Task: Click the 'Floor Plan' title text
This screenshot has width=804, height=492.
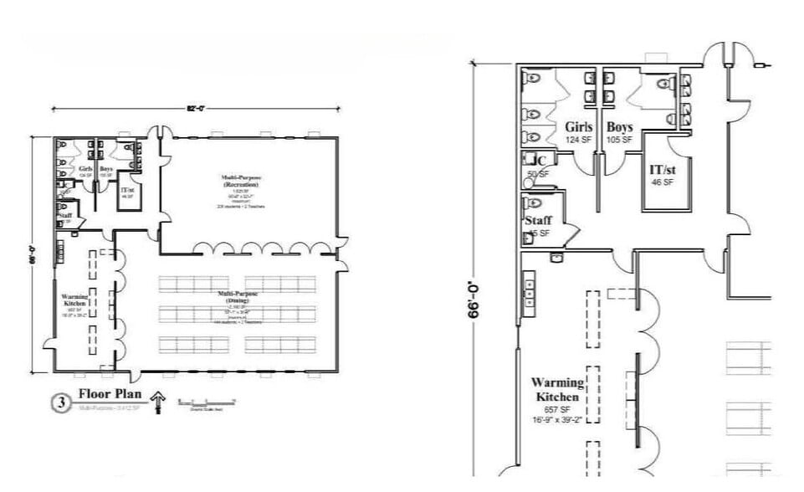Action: coord(110,393)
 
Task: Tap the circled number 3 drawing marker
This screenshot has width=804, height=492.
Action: coord(60,402)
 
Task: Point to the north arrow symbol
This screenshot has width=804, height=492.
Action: coord(156,404)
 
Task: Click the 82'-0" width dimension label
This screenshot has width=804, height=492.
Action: coord(197,108)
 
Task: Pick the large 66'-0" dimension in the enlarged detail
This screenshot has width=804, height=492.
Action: coord(474,300)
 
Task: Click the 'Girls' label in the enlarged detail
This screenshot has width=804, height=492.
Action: coord(578,127)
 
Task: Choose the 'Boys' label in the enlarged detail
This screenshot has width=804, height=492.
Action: coord(620,127)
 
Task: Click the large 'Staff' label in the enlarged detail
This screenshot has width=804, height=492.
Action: coord(538,221)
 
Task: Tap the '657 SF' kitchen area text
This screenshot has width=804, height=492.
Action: coord(556,409)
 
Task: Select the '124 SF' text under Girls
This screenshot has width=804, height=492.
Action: coord(578,140)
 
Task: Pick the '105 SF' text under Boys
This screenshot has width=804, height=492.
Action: coord(620,140)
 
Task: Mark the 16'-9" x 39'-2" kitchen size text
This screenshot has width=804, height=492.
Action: coord(556,420)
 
